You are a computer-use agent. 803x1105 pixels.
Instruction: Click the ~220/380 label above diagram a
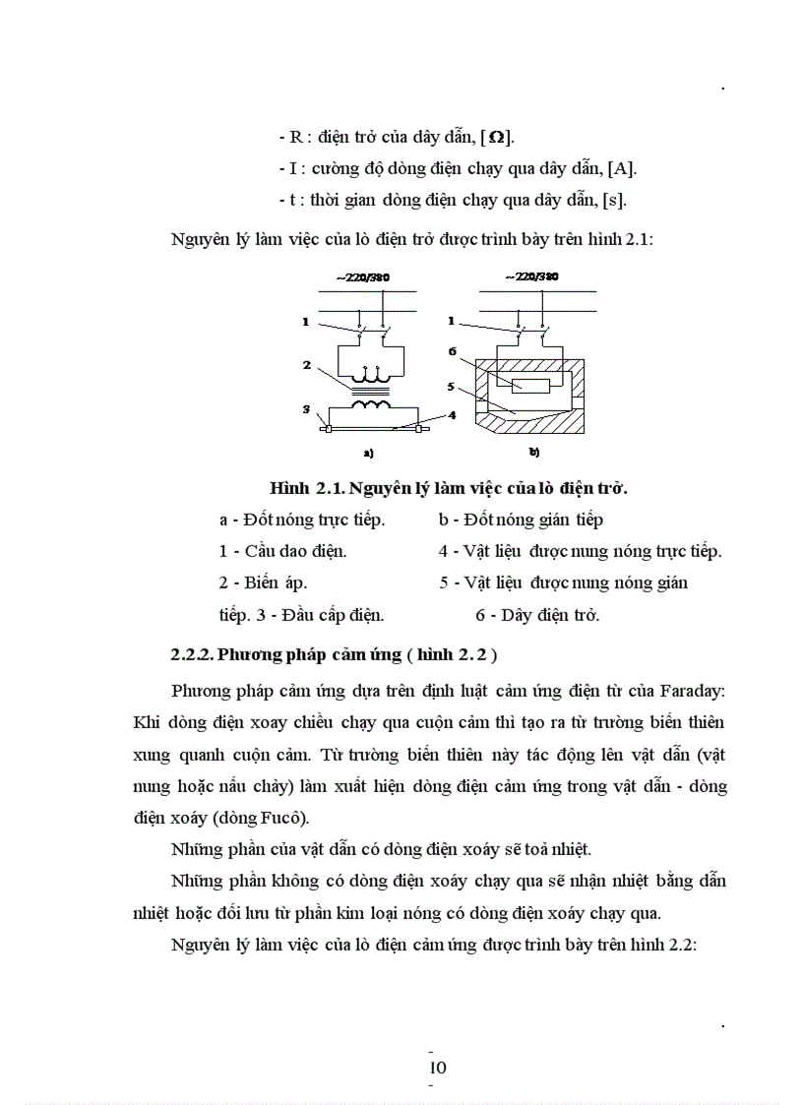click(x=363, y=278)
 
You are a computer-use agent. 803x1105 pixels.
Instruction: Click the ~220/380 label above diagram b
click(x=531, y=278)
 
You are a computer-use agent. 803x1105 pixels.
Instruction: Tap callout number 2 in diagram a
click(x=307, y=364)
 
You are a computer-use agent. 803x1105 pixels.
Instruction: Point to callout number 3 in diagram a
click(x=306, y=408)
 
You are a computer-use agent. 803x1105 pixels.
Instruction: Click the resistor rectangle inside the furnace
click(x=531, y=385)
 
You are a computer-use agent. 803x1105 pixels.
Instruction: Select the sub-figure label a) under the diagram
click(x=368, y=454)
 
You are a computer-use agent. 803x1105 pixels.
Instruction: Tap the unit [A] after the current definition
click(x=624, y=169)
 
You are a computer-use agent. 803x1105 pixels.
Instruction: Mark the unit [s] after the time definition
click(x=614, y=199)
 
